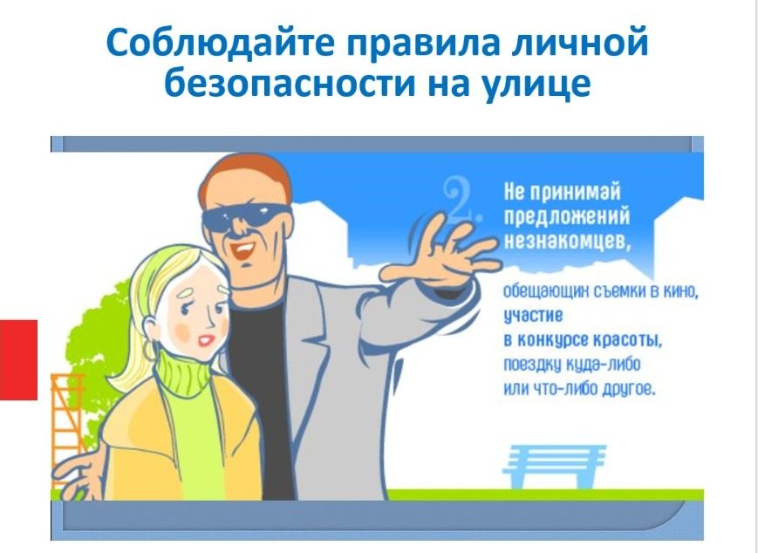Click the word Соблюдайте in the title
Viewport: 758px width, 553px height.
(x=221, y=43)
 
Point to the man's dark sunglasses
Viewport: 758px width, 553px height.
(x=247, y=215)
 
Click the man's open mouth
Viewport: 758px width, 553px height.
(x=242, y=250)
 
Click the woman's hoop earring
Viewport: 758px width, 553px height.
(x=149, y=351)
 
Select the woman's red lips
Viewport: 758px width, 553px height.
(x=207, y=340)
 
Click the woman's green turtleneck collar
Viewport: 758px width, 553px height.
(x=181, y=373)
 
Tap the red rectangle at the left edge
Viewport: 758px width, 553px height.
(x=18, y=359)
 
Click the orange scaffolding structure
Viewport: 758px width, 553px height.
(x=65, y=426)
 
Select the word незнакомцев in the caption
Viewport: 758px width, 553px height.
(x=568, y=240)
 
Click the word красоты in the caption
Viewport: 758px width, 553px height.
(x=627, y=340)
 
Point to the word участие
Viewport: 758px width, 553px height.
(x=533, y=316)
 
